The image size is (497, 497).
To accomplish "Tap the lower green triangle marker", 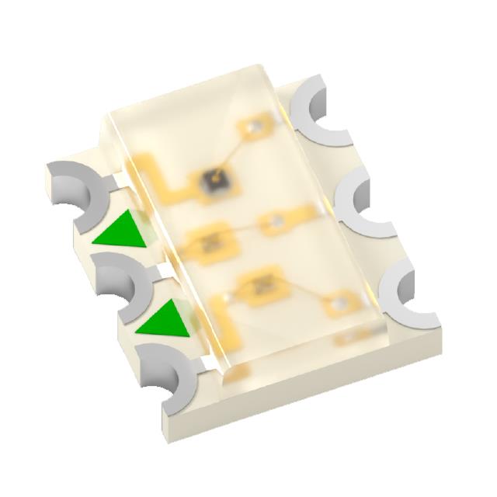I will (165, 319).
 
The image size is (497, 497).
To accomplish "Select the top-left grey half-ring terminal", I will (77, 186).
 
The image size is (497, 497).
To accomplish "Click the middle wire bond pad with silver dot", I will (274, 224).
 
